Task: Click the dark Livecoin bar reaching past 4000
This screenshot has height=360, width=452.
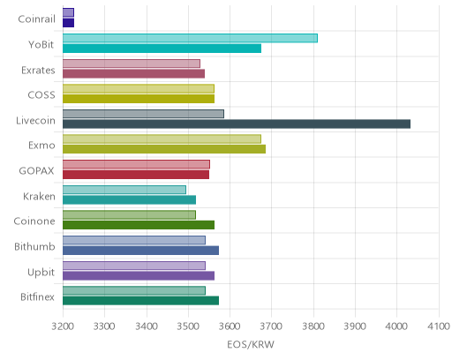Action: pyautogui.click(x=237, y=124)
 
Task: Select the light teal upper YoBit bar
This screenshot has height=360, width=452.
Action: pyautogui.click(x=190, y=38)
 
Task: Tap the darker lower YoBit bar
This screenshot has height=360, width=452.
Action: pyautogui.click(x=162, y=49)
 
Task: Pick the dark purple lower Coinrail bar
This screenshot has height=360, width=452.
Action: pyautogui.click(x=68, y=23)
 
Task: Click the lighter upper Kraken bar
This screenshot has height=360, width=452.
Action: pyautogui.click(x=124, y=190)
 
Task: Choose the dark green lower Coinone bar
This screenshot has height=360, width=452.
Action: pyautogui.click(x=139, y=225)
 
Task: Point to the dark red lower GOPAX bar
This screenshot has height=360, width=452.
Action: pyautogui.click(x=136, y=175)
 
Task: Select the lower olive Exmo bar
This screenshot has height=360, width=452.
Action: pyautogui.click(x=164, y=149)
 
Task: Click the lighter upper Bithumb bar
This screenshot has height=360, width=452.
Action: pyautogui.click(x=134, y=240)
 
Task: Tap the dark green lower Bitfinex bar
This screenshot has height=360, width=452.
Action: pyautogui.click(x=140, y=301)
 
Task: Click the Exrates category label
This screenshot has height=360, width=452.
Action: pyautogui.click(x=38, y=71)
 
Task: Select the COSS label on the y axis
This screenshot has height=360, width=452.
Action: pyautogui.click(x=41, y=95)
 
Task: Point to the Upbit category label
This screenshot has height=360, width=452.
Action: pyautogui.click(x=41, y=273)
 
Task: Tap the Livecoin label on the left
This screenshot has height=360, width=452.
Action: pyautogui.click(x=35, y=121)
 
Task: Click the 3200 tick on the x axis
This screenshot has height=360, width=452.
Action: pyautogui.click(x=63, y=326)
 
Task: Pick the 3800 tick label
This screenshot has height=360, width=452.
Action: pyautogui.click(x=313, y=326)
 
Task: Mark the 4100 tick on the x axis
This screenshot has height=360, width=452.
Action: pyautogui.click(x=439, y=326)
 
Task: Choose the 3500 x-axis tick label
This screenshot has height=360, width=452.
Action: pyautogui.click(x=188, y=326)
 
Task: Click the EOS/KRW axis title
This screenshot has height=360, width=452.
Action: pyautogui.click(x=251, y=344)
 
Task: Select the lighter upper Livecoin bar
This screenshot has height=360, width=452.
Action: pyautogui.click(x=143, y=114)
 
